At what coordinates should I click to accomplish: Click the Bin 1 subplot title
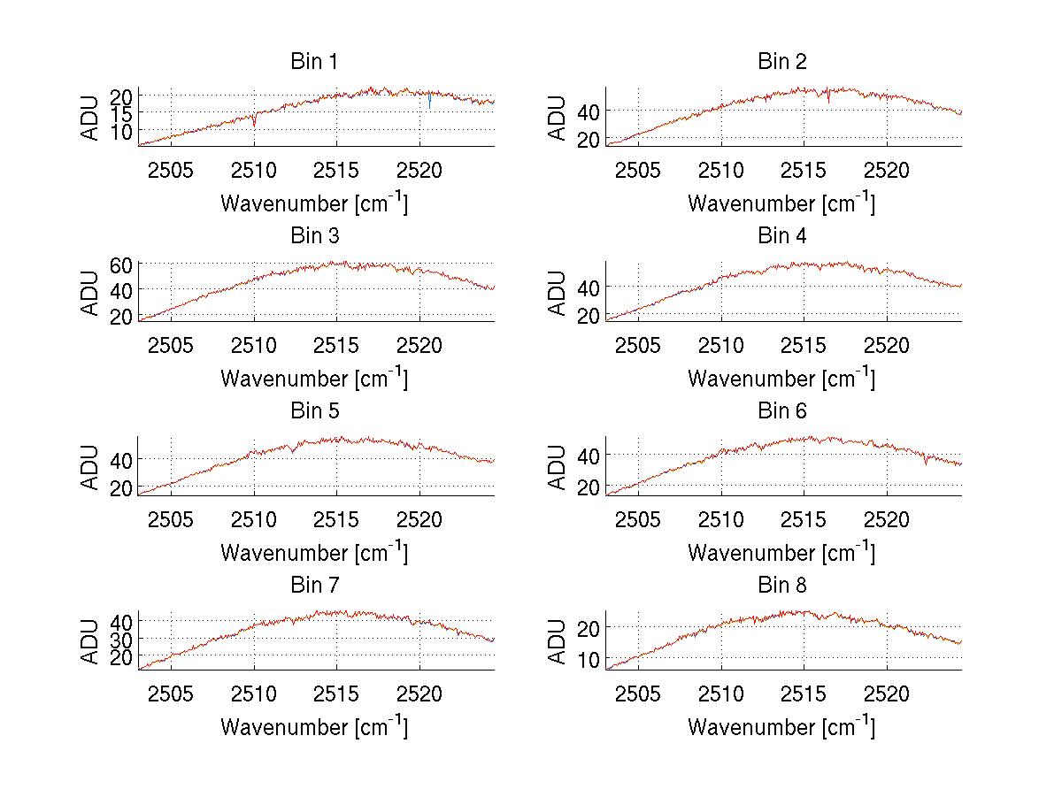point(314,62)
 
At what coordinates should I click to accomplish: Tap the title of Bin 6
point(782,411)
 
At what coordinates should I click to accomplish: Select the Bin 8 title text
point(782,586)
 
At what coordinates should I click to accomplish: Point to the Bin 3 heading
point(314,236)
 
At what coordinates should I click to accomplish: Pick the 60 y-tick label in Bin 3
point(122,264)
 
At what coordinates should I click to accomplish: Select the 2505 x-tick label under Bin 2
point(638,170)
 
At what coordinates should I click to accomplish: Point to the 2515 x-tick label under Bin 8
point(804,693)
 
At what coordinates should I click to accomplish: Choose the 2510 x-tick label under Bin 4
point(721,344)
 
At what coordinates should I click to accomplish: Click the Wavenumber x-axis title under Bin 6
point(781,553)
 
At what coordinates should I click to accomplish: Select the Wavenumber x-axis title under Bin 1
point(314,203)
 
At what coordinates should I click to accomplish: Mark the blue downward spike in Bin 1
point(429,103)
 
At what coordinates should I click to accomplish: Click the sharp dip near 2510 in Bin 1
point(255,121)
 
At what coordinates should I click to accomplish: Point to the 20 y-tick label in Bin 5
point(122,487)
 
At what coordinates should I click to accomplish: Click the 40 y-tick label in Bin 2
point(589,111)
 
